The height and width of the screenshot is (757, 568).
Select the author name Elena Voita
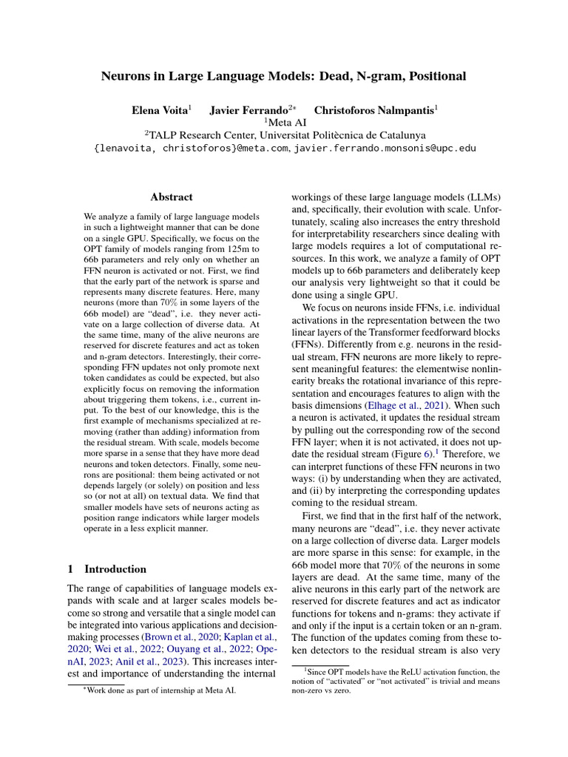tap(160, 110)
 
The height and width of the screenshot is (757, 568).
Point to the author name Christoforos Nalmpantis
tap(375, 110)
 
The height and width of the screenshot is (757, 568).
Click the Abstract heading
tap(172, 197)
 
